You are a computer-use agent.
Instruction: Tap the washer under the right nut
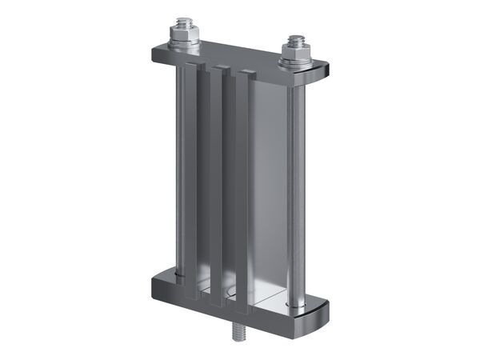296,62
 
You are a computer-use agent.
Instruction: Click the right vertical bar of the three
244,192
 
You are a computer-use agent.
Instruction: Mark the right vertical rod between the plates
295,184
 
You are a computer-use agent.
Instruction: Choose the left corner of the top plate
154,54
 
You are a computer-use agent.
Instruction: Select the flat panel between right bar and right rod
270,192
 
